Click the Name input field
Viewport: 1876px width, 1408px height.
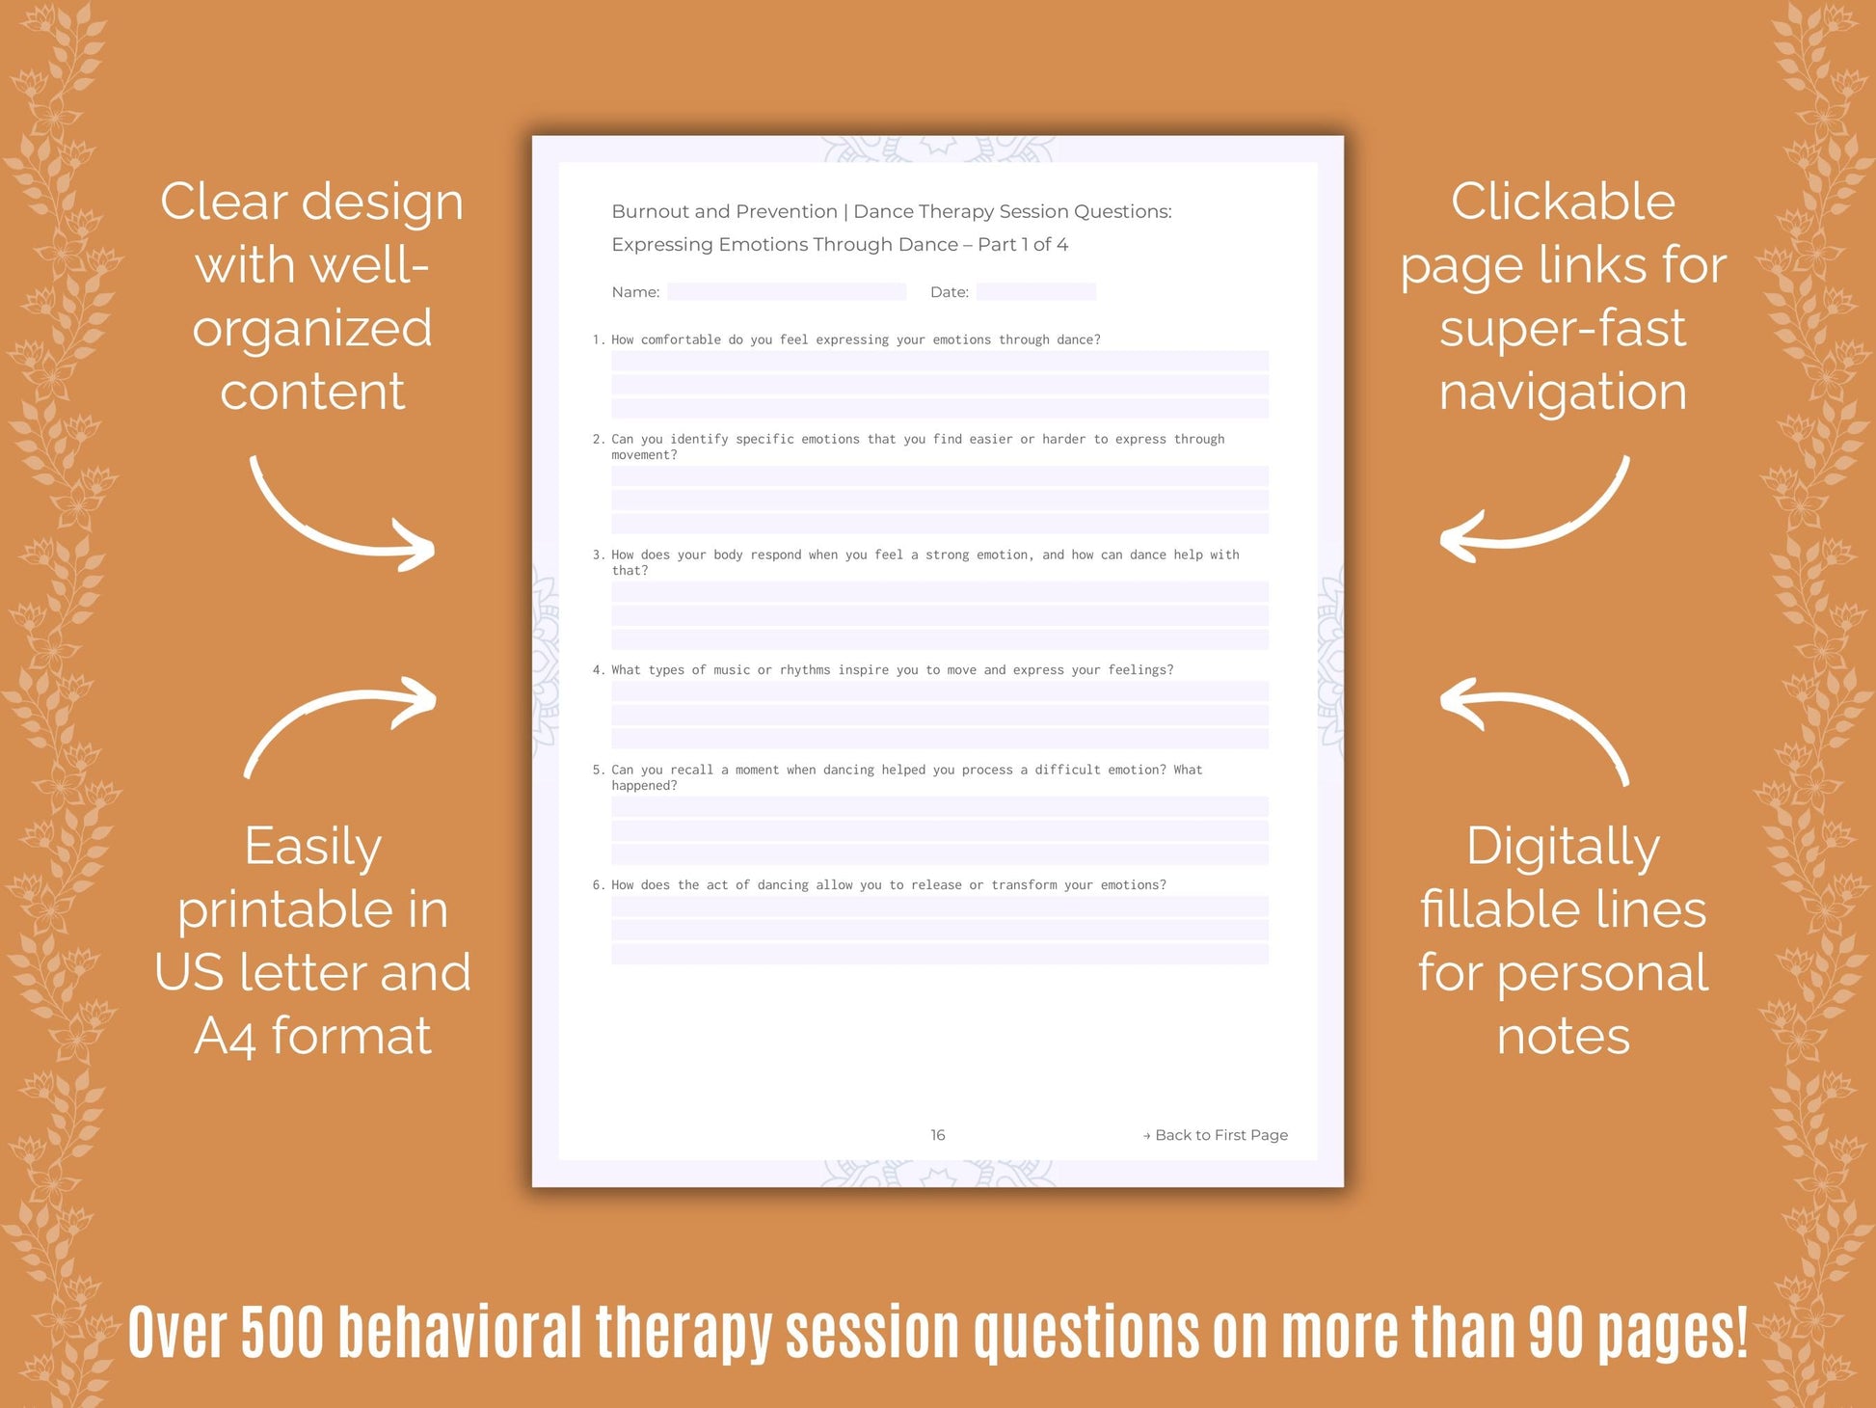point(786,291)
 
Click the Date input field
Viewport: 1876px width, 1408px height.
point(1035,291)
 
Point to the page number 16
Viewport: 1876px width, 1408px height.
point(938,1135)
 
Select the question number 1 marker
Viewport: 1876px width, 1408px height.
point(598,339)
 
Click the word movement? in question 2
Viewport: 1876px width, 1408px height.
point(644,455)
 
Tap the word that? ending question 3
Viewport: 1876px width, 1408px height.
point(630,571)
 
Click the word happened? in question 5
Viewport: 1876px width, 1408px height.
point(644,786)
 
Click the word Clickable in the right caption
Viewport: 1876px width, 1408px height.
point(1563,203)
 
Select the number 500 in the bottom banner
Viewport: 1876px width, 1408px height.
point(283,1333)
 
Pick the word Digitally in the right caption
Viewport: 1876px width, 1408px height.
point(1563,848)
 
